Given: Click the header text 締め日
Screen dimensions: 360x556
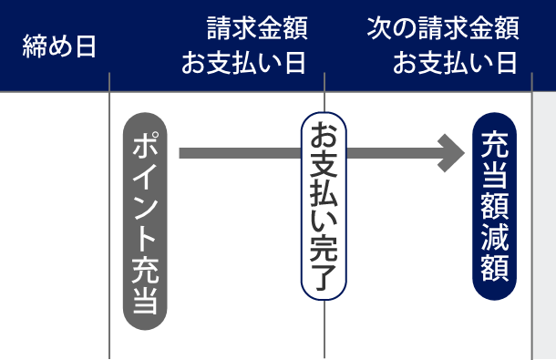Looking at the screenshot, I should [59, 46].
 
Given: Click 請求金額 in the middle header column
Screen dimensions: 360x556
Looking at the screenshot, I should [257, 29].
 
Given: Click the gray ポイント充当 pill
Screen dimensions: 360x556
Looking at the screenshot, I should [146, 221].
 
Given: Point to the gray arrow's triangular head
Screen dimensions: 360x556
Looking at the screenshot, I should [453, 152].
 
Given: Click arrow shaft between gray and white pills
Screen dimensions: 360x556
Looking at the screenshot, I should [237, 152].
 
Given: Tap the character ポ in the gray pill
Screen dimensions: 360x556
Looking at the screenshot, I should [146, 146].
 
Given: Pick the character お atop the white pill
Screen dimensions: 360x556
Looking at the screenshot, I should [324, 137].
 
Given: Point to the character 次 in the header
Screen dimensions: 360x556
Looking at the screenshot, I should [378, 29].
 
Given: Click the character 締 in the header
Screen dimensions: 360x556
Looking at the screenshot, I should [34, 46].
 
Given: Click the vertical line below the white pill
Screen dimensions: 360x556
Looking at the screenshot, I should [324, 337].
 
